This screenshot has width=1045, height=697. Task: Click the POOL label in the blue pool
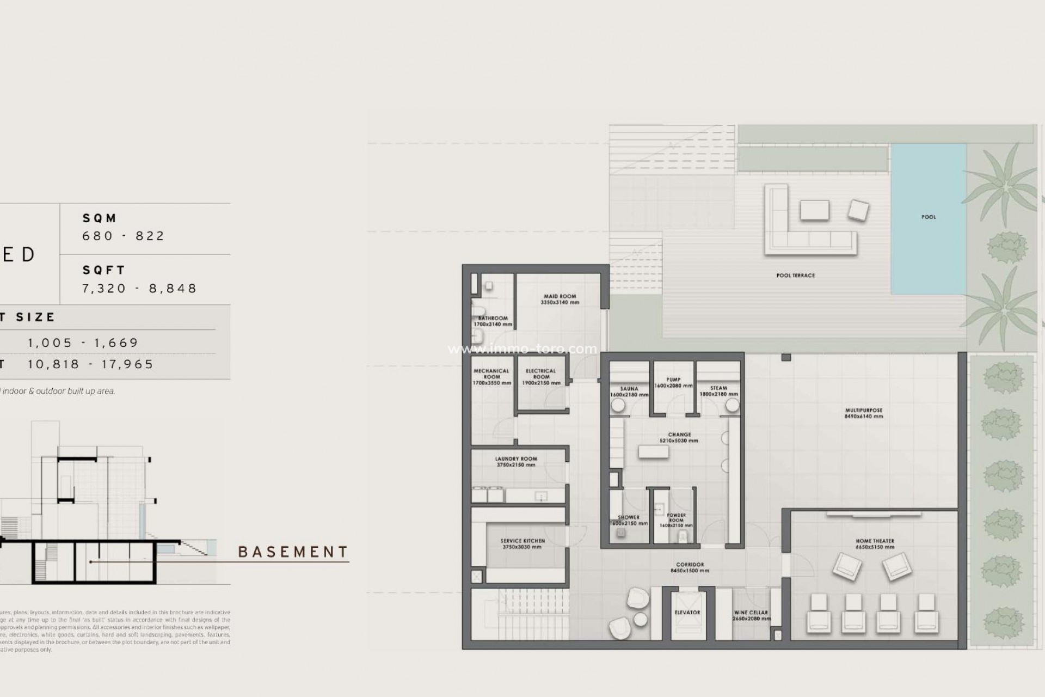929,217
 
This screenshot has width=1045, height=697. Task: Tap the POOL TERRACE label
795,276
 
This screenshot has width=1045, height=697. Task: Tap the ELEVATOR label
687,613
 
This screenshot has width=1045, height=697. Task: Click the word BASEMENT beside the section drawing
293,552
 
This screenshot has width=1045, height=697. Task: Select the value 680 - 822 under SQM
123,236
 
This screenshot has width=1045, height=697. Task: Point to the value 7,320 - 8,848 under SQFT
139,288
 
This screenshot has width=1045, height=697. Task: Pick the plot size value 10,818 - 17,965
91,364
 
